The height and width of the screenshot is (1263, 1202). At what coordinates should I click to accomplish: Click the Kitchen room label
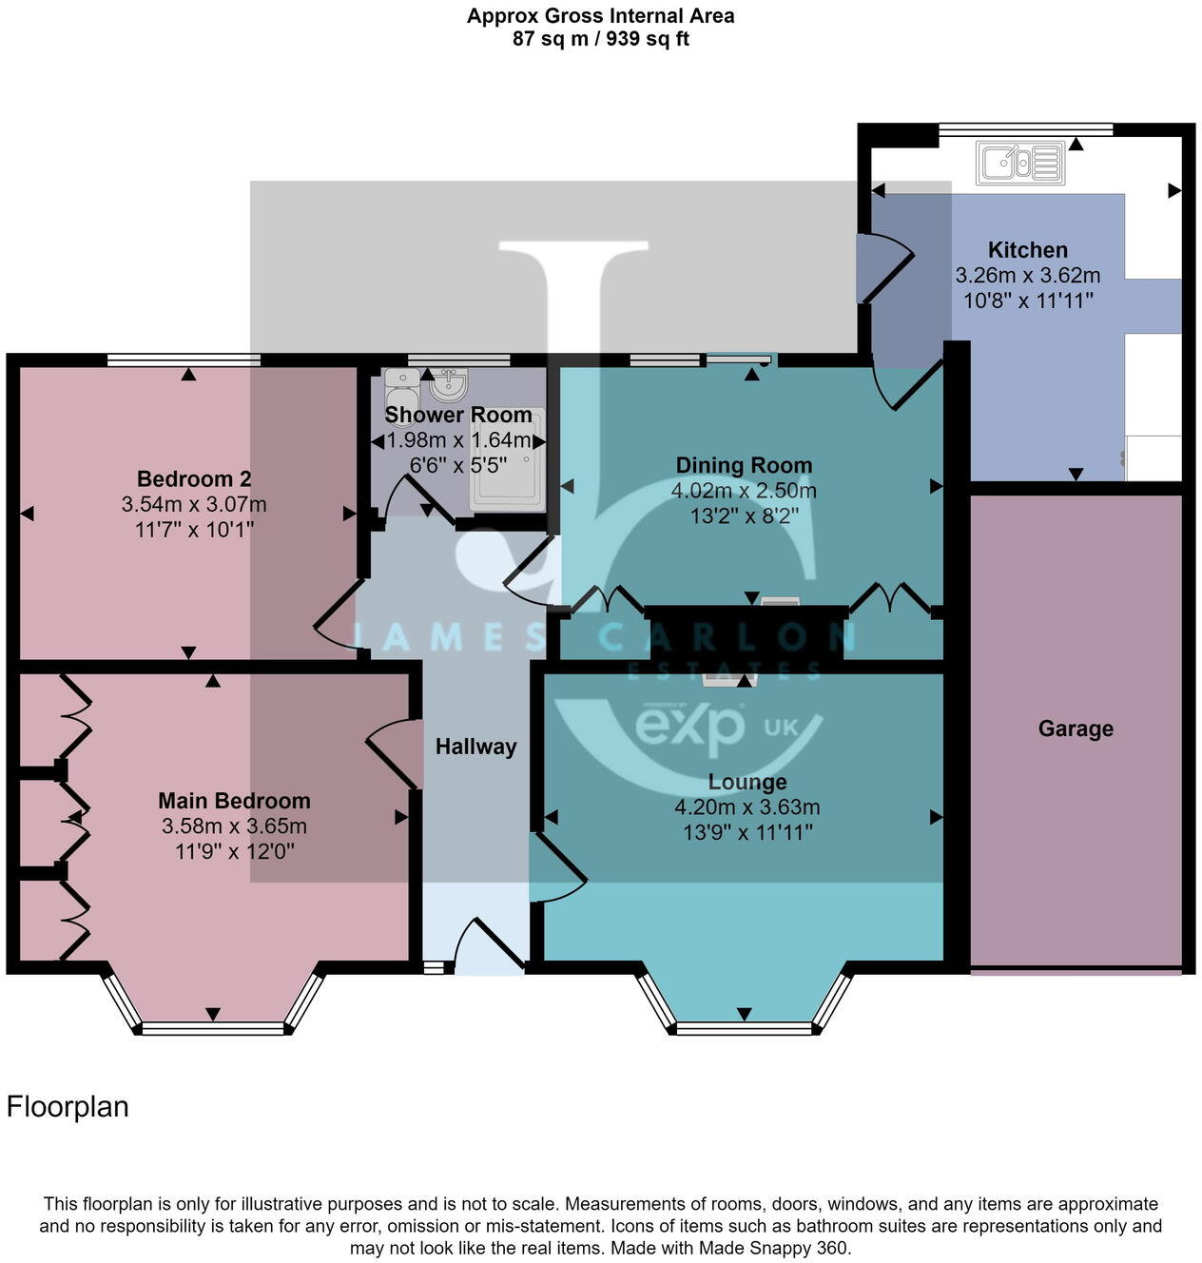tap(1027, 250)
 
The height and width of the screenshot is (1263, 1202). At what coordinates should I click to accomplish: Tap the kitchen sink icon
tap(1019, 163)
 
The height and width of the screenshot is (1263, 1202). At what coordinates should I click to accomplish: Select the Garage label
tap(1075, 729)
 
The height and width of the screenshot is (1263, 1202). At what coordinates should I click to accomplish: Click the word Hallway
tap(475, 747)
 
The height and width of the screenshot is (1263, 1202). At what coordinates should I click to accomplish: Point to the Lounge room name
tap(747, 782)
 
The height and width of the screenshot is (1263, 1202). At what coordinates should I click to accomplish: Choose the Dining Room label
tap(744, 465)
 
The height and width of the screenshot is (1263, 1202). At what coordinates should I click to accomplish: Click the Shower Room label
tap(457, 415)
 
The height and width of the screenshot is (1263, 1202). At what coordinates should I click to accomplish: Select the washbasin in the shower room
tap(448, 385)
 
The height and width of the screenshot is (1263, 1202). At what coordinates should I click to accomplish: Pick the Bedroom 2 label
tap(194, 478)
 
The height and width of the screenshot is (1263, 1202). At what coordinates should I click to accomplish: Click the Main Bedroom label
tap(234, 801)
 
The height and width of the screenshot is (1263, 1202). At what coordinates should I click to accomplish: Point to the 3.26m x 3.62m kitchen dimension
tap(1027, 276)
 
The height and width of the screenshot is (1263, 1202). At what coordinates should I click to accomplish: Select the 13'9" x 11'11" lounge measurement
tap(747, 833)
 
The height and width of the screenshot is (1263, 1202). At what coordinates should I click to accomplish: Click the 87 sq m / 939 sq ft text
tap(600, 39)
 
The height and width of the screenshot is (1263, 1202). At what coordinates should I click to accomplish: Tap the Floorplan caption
tap(68, 1107)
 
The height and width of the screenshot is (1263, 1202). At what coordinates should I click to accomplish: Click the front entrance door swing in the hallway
tap(487, 946)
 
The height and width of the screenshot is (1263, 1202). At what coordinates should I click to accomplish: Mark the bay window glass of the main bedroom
tap(212, 1028)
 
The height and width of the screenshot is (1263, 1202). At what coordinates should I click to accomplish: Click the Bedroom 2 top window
tap(184, 359)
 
